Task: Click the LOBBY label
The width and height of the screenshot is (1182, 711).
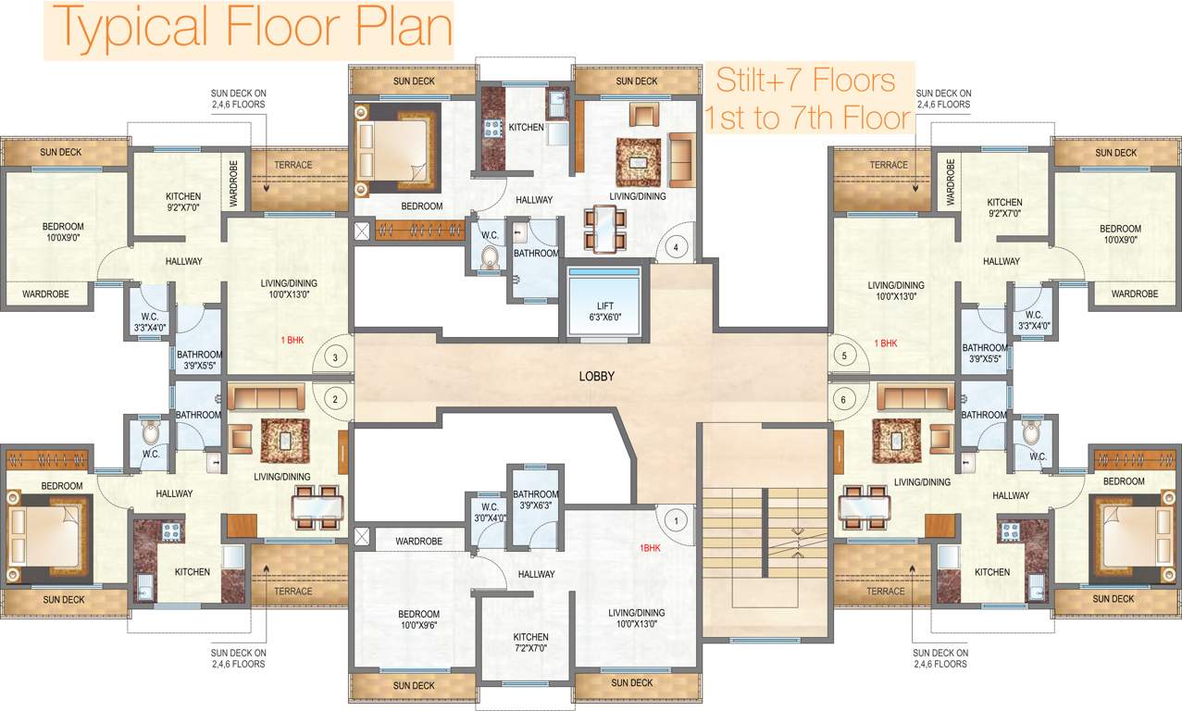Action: tap(597, 376)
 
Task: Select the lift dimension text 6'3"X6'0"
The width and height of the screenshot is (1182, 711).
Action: tap(604, 317)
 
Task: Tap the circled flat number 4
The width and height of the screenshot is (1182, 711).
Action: tap(677, 247)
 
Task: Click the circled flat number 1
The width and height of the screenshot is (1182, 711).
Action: tap(677, 520)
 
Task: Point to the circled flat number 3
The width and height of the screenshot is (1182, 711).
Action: tap(337, 355)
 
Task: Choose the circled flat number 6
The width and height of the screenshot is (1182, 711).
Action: tap(843, 399)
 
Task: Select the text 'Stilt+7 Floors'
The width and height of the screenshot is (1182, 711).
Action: tap(805, 81)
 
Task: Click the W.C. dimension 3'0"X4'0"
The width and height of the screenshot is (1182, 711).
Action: tap(490, 518)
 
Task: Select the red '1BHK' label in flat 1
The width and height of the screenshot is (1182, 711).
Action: tap(650, 548)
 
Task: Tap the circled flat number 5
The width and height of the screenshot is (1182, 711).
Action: tap(843, 355)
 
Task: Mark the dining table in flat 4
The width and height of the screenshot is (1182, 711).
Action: tap(604, 229)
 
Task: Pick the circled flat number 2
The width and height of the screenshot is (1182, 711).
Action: tap(337, 399)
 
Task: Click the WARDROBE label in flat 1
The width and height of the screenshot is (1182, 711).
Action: tap(418, 541)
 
